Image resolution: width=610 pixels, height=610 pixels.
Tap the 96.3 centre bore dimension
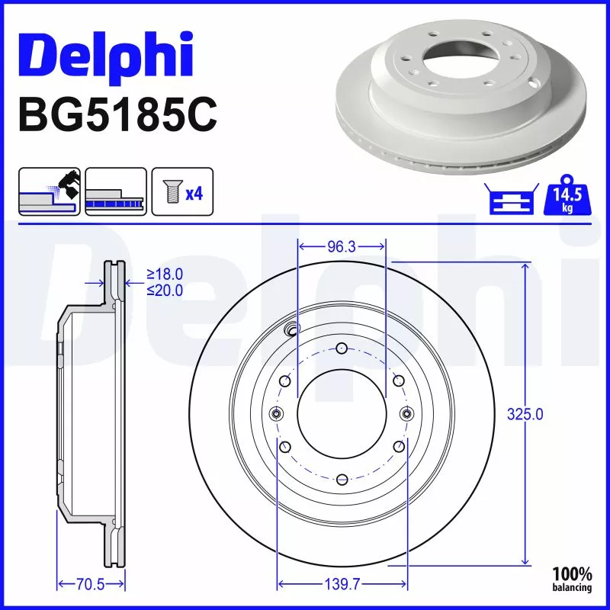pyautogui.click(x=342, y=247)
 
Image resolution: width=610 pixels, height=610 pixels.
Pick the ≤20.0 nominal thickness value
pyautogui.click(x=165, y=290)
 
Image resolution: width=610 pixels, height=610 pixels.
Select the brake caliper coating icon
pyautogui.click(x=49, y=192)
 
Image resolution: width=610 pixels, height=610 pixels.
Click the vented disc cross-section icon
pyautogui.click(x=116, y=192)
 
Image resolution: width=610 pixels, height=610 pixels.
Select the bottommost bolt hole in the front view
pyautogui.click(x=342, y=479)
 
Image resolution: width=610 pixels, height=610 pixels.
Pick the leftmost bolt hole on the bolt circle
pyautogui.click(x=277, y=413)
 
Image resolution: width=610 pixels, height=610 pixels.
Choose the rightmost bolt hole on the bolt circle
pyautogui.click(x=406, y=413)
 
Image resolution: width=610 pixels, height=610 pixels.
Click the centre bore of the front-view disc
pyautogui.click(x=342, y=413)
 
